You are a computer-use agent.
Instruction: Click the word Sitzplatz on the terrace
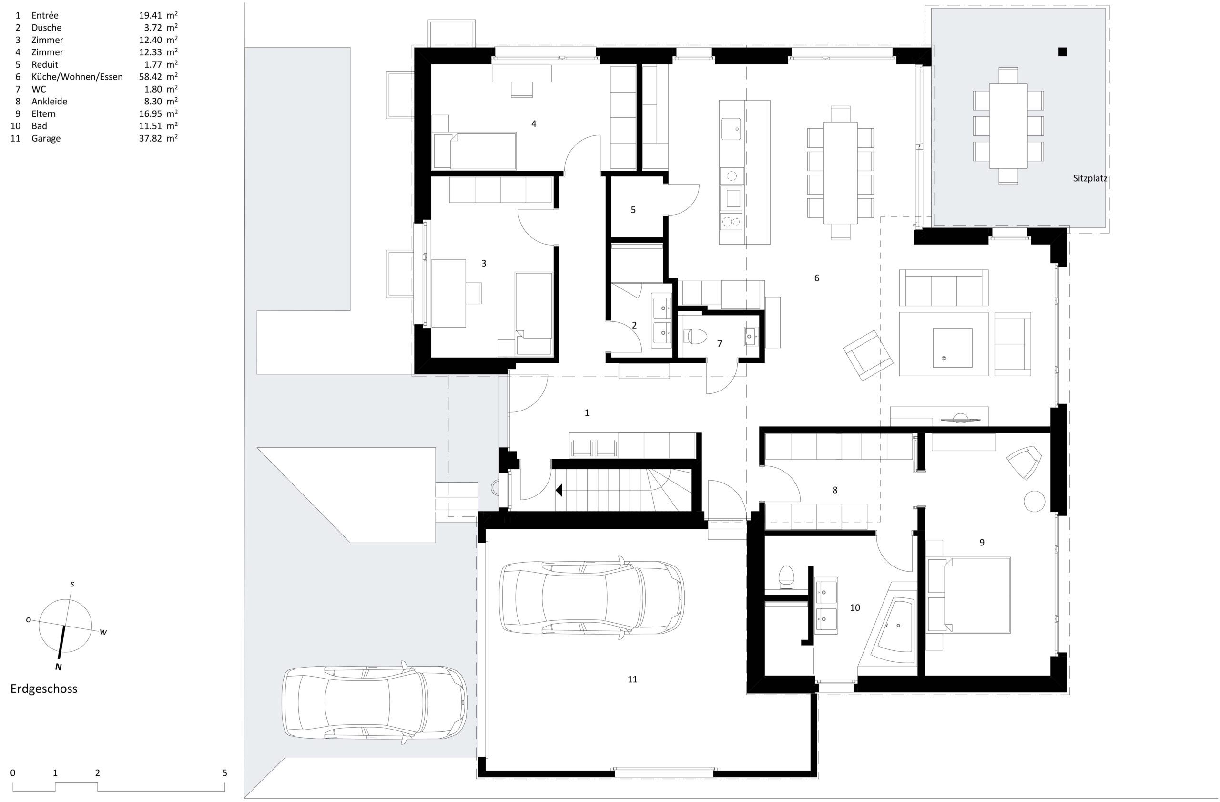point(1090,179)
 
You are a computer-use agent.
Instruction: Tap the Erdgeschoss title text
point(44,689)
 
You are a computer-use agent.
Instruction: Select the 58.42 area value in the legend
point(151,77)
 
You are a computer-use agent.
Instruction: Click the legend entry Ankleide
point(49,102)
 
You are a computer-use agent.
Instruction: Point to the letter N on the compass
point(59,667)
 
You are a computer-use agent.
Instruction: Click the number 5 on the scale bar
point(224,773)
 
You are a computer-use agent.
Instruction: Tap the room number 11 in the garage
point(632,679)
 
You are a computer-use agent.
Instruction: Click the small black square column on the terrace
point(1062,51)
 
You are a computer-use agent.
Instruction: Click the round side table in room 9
point(1034,501)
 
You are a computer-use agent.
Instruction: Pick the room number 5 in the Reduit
point(633,210)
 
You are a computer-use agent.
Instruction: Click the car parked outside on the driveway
point(375,702)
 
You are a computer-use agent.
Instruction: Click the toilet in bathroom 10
point(785,576)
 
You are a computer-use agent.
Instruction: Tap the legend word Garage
point(46,138)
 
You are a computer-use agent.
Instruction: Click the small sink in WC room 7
point(751,336)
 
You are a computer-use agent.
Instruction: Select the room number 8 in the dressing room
point(834,490)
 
